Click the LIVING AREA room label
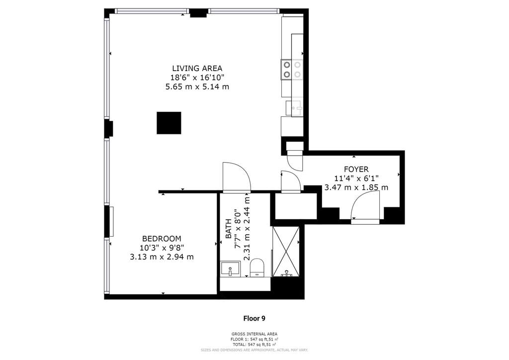pyautogui.click(x=197, y=69)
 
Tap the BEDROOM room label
pyautogui.click(x=162, y=239)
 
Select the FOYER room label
pyautogui.click(x=356, y=170)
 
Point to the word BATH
pyautogui.click(x=229, y=229)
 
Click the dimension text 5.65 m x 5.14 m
pyautogui.click(x=197, y=87)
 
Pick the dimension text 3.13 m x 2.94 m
pyautogui.click(x=162, y=257)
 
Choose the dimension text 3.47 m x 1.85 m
pyautogui.click(x=356, y=187)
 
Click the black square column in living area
pyautogui.click(x=169, y=123)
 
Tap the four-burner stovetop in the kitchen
pyautogui.click(x=292, y=70)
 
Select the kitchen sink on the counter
pyautogui.click(x=294, y=108)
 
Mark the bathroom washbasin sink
pyautogui.click(x=230, y=269)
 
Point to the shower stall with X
pyautogui.click(x=286, y=252)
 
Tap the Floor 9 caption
pyautogui.click(x=254, y=318)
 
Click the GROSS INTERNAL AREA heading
pyautogui.click(x=254, y=334)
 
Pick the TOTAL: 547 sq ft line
pyautogui.click(x=254, y=345)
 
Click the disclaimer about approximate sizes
pyautogui.click(x=254, y=350)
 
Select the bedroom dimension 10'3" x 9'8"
pyautogui.click(x=162, y=248)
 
